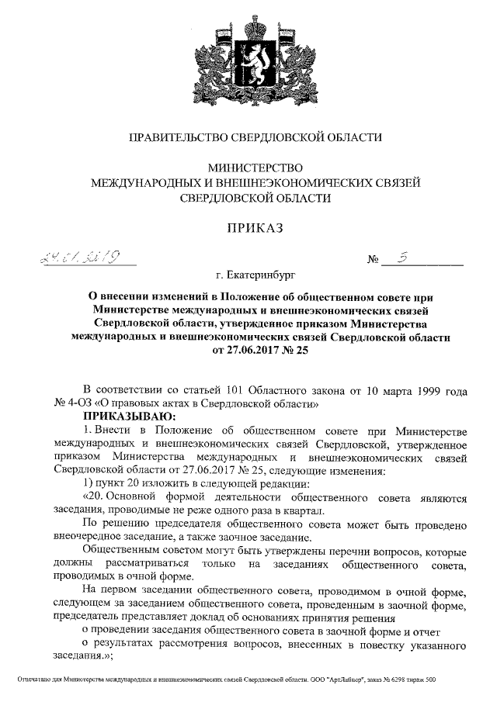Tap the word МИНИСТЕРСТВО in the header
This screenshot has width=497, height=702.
255,168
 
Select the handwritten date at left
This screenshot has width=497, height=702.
78,259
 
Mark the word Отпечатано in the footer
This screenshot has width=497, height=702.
35,680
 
